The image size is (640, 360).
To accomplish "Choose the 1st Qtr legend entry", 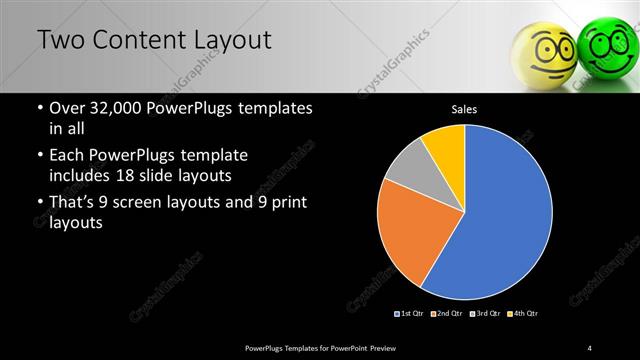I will tap(410, 313).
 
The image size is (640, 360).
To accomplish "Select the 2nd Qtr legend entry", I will tap(446, 313).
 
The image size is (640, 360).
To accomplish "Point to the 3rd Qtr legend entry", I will tap(484, 313).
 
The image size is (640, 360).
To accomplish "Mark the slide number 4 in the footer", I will tap(590, 347).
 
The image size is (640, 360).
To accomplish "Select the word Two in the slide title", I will tap(61, 41).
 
